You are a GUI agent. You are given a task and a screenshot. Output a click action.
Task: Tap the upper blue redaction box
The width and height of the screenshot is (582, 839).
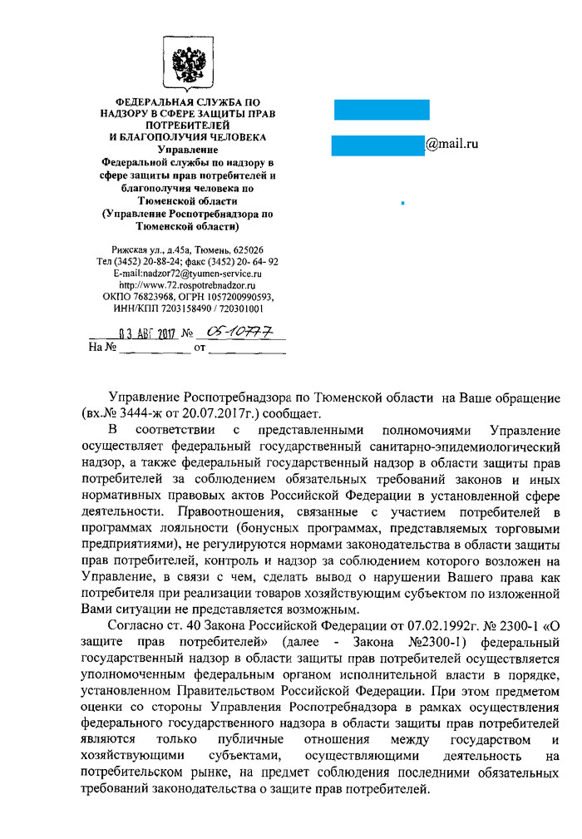(382, 109)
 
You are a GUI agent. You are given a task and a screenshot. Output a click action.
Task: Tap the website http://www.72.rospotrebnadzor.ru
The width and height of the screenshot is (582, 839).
(186, 284)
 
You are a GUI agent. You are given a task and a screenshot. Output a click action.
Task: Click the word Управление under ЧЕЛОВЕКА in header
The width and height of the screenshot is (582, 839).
(187, 149)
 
